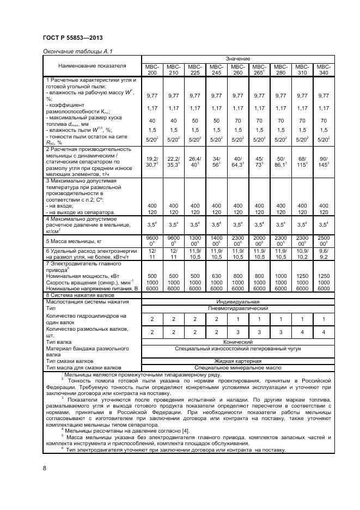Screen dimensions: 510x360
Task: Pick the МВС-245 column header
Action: tap(216, 69)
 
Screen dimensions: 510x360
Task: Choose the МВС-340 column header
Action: tap(324, 69)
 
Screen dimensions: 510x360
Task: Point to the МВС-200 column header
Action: tap(152, 69)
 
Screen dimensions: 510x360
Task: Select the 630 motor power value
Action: tap(216, 276)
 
